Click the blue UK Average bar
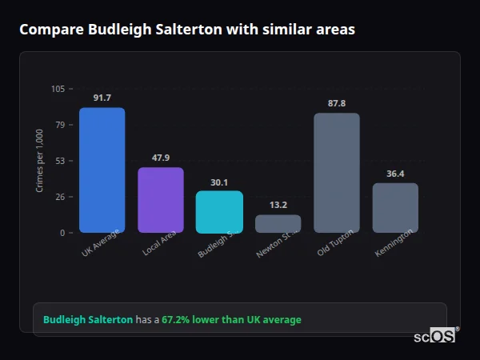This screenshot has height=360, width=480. click(x=102, y=170)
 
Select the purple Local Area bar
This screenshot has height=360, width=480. click(x=161, y=200)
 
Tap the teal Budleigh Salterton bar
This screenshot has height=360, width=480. click(x=219, y=212)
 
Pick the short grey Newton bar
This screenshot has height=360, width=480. click(x=278, y=224)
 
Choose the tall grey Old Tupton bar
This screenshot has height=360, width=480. click(x=337, y=173)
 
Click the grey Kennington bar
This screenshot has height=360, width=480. click(x=395, y=208)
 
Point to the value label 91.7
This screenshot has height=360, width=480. click(x=102, y=98)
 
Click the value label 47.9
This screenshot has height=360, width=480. click(x=161, y=158)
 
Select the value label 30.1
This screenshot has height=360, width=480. click(x=219, y=182)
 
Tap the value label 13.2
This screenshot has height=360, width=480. click(x=278, y=205)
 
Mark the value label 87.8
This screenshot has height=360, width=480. click(x=337, y=103)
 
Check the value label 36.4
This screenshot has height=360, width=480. click(x=395, y=174)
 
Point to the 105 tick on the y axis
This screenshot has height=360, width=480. click(x=58, y=89)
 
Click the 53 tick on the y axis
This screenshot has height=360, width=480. click(x=60, y=161)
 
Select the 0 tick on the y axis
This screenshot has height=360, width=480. click(x=62, y=233)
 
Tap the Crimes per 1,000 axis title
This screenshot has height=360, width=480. click(x=40, y=161)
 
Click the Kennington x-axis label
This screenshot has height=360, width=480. click(x=394, y=243)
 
